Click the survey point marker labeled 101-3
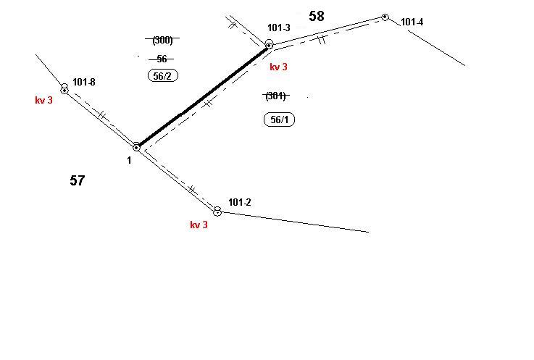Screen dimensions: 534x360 point(269,46)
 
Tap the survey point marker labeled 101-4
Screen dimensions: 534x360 point(385,17)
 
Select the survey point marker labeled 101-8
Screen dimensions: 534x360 point(64,90)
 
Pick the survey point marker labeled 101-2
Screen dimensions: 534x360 point(217,212)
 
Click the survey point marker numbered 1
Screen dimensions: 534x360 point(136,148)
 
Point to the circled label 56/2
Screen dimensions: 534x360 point(163,75)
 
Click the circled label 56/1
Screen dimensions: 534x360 point(279,120)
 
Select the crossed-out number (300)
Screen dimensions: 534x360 point(162,40)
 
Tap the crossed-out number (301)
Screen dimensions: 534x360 point(275,96)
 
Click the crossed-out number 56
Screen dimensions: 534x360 point(162,59)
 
